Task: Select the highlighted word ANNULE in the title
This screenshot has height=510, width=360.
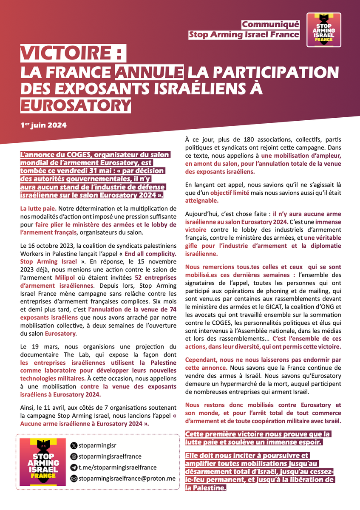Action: (x=146, y=72)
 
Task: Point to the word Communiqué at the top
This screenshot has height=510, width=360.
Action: (x=270, y=24)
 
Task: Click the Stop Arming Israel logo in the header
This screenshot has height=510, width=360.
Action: (x=324, y=29)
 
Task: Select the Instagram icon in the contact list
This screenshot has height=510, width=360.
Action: (x=74, y=456)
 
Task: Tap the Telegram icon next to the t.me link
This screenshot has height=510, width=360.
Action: (x=74, y=467)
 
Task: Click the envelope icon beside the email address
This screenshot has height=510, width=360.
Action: (x=74, y=479)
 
